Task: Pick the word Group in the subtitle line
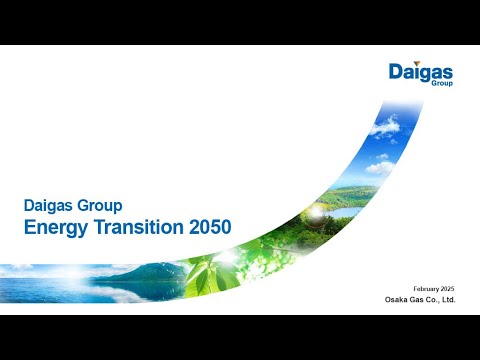(x=101, y=206)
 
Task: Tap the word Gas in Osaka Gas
(x=420, y=299)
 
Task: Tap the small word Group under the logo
(x=442, y=85)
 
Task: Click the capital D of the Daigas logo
(x=397, y=72)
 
